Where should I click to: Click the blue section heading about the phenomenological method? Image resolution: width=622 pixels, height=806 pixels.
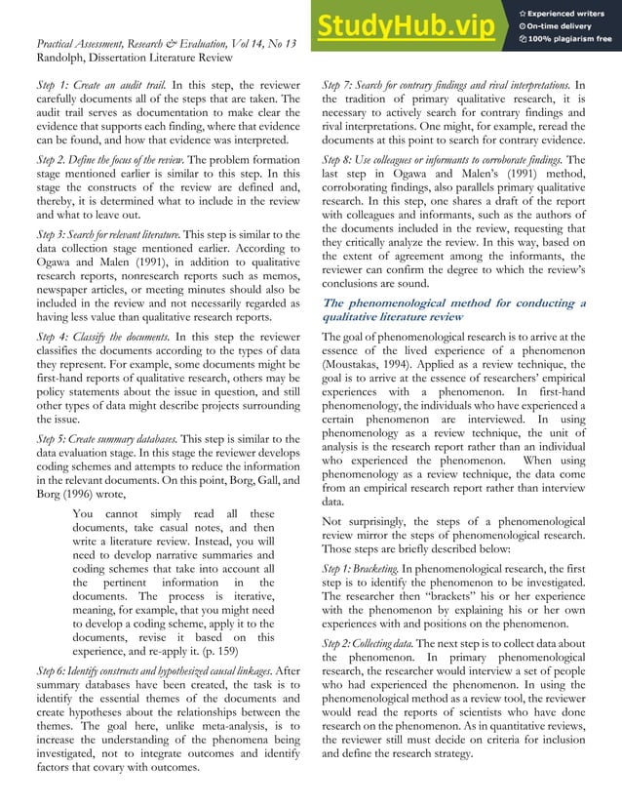click(453, 309)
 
